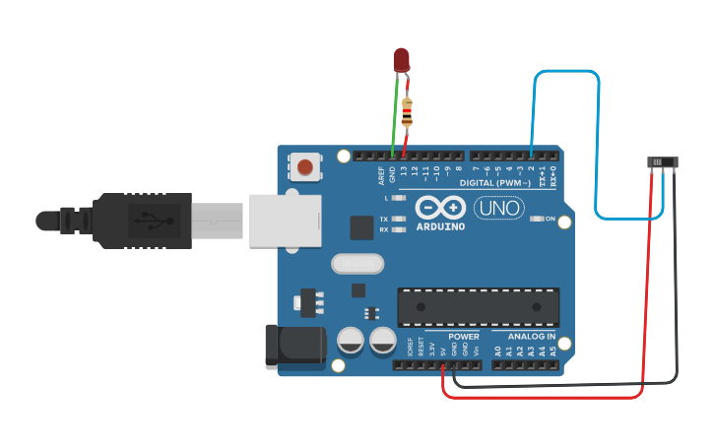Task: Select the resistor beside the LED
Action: tap(407, 110)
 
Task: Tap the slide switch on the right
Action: tap(662, 162)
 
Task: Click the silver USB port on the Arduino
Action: tap(286, 220)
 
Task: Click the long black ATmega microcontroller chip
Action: tap(478, 307)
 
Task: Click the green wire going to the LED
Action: tap(395, 118)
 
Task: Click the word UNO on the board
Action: tap(499, 209)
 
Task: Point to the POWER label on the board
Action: tap(464, 337)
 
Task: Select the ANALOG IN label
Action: tap(532, 337)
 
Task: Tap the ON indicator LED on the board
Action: tap(537, 219)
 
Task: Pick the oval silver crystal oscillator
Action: tap(356, 264)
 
